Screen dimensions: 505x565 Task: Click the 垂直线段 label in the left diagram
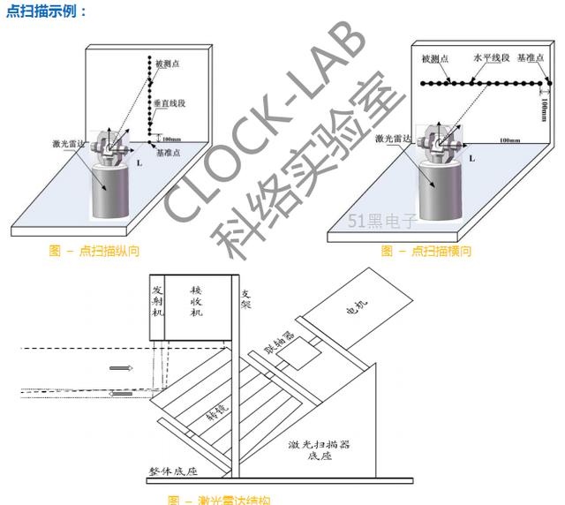(x=169, y=103)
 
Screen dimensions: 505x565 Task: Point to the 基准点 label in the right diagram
(x=532, y=57)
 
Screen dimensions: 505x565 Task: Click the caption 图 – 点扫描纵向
(x=95, y=251)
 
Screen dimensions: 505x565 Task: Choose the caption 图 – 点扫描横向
(x=426, y=251)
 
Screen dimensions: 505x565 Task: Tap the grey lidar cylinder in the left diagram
(x=110, y=194)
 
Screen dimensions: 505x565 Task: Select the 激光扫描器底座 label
(x=319, y=450)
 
